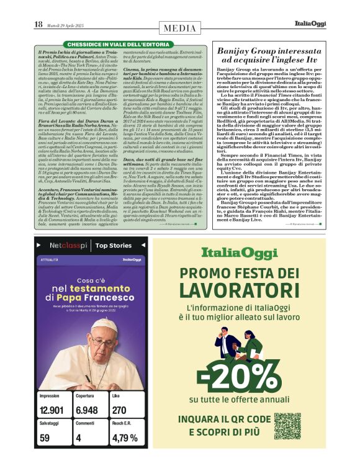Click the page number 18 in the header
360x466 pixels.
[x=38, y=24]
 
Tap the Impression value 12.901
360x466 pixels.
[x=52, y=411]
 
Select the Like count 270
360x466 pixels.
[x=119, y=411]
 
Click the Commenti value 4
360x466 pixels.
[x=78, y=437]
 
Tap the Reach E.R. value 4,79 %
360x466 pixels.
[x=125, y=437]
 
